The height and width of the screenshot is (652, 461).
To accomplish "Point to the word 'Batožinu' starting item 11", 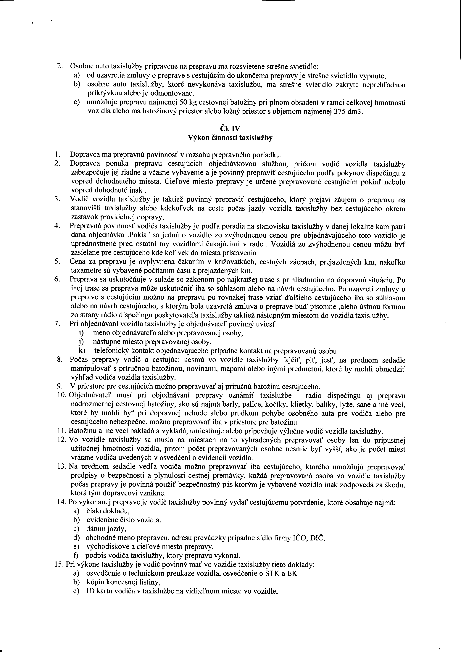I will click(x=82, y=432).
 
